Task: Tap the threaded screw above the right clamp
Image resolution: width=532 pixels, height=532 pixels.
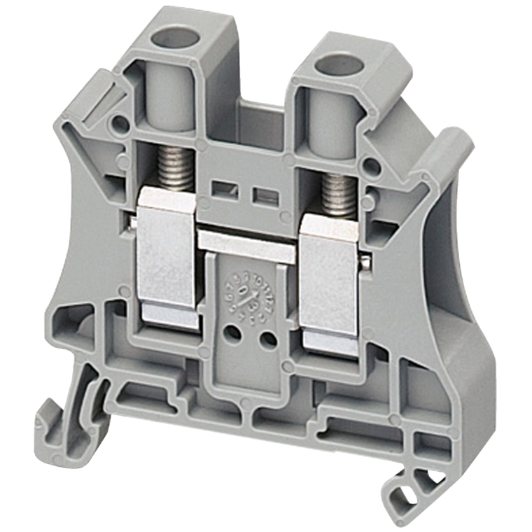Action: pyautogui.click(x=337, y=194)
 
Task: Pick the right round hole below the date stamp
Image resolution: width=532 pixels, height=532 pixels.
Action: pyautogui.click(x=267, y=339)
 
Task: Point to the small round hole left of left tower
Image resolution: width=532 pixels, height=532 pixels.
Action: pyautogui.click(x=121, y=125)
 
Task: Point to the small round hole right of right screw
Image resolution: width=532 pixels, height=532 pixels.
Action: pyautogui.click(x=372, y=167)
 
